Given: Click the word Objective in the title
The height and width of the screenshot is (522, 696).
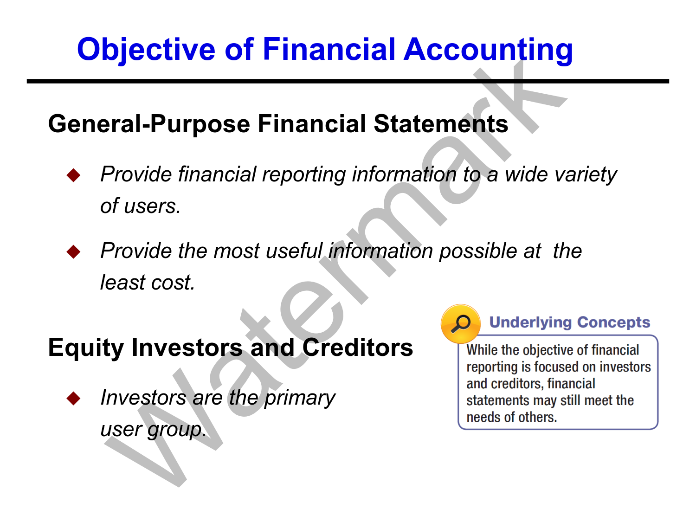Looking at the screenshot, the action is click(146, 50).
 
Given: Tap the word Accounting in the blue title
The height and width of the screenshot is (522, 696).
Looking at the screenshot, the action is click(488, 50).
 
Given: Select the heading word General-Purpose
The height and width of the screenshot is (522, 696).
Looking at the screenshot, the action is click(149, 124).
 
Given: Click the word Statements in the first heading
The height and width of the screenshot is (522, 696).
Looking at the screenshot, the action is click(441, 123).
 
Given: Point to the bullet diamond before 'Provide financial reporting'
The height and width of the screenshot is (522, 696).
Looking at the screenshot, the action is click(74, 175).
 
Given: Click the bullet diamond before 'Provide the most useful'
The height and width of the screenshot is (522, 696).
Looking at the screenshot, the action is click(74, 251).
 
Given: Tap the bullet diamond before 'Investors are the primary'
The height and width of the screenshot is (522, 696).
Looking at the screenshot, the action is click(74, 399).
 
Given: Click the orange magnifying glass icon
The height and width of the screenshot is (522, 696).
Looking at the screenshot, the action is click(461, 323).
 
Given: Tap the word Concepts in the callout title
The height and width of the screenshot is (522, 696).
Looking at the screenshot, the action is click(613, 322).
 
